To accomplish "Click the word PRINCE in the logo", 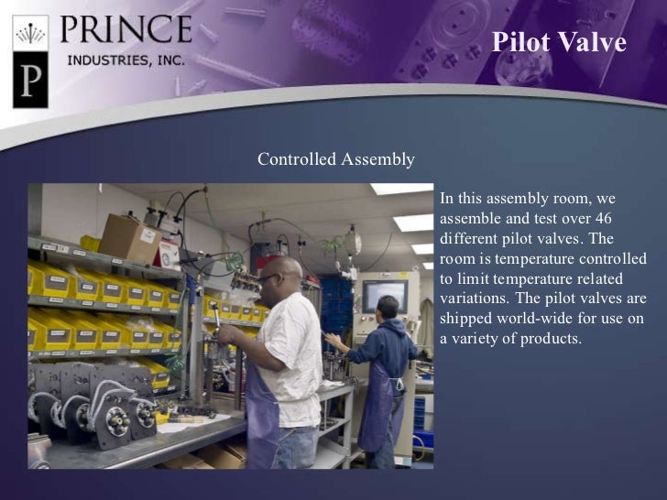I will click(x=126, y=29).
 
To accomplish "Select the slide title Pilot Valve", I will click(x=559, y=42).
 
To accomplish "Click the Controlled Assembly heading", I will click(x=335, y=160).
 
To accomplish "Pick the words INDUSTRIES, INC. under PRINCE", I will click(x=126, y=60).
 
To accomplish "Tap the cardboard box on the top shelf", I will click(x=128, y=237).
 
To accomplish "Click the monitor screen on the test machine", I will click(x=384, y=296).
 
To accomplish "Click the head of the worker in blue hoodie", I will click(x=388, y=307).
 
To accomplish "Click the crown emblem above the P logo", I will click(x=30, y=35).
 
